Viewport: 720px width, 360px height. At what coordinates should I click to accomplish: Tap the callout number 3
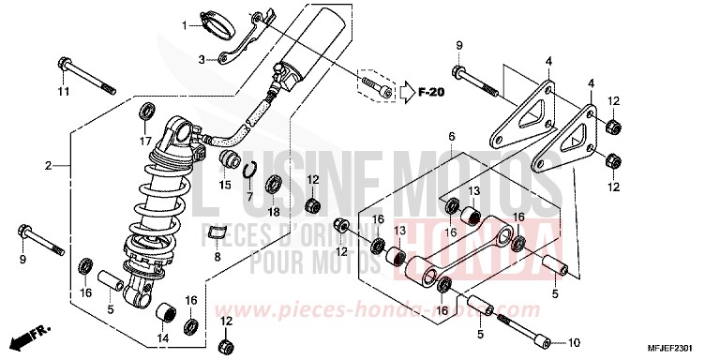coord(201,59)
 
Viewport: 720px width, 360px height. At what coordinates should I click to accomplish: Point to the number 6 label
coord(451,136)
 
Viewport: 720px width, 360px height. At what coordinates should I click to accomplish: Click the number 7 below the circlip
coord(249,196)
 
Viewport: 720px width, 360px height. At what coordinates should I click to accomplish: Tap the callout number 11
coord(63,91)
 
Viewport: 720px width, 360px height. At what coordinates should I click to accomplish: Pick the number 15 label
coord(225,185)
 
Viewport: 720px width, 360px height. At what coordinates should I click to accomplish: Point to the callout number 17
coord(145,141)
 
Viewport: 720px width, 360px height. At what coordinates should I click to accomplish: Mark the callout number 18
coord(274,213)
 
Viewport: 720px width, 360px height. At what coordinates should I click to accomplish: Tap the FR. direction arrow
coord(29,335)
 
